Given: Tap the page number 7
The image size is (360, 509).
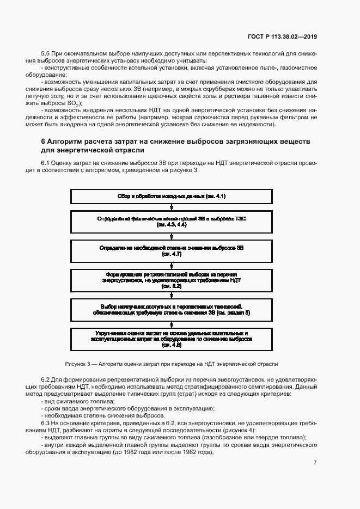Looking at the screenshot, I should [315, 462].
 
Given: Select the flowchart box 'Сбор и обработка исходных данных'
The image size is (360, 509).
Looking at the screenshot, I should [172, 196].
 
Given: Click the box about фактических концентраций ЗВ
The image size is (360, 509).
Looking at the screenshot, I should [172, 222].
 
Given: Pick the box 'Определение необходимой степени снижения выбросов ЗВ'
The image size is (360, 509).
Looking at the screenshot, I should [172, 250].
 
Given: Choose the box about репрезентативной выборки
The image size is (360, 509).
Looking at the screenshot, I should [172, 279].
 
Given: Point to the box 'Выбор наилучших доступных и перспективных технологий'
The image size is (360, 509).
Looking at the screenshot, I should [172, 309].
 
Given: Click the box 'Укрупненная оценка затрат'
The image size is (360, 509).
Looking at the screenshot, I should [172, 338].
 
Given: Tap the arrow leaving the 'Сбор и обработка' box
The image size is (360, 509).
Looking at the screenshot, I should [172, 206].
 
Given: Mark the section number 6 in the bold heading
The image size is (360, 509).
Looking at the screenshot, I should [44, 140].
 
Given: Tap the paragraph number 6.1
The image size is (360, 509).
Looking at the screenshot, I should [46, 163].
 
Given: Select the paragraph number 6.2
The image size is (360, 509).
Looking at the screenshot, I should [46, 378].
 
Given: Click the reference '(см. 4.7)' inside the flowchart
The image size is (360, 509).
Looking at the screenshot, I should [172, 254].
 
